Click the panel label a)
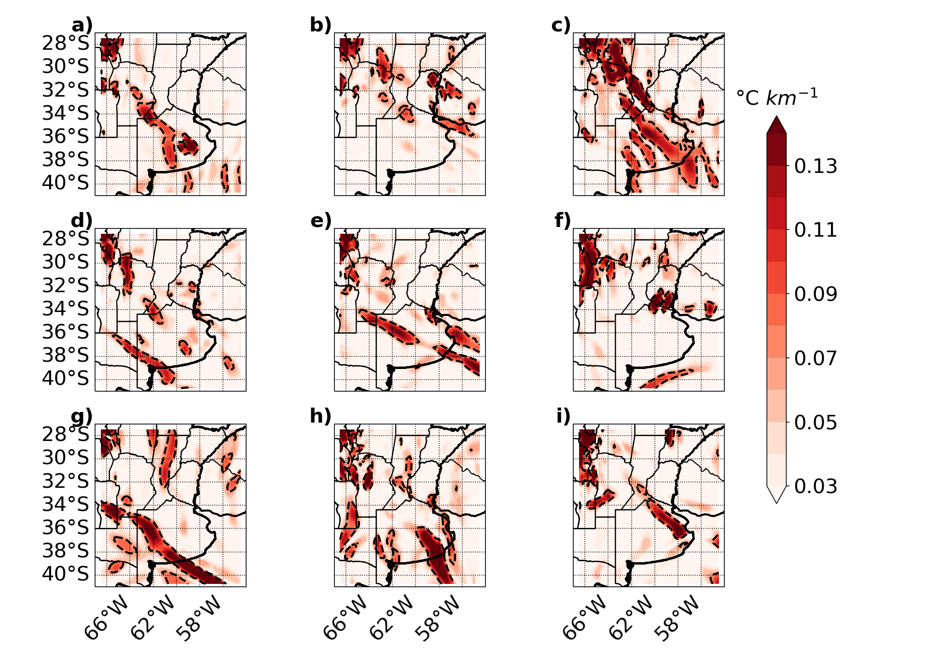click(x=82, y=25)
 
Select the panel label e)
click(x=321, y=221)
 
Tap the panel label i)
click(x=563, y=416)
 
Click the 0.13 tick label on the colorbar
click(x=816, y=166)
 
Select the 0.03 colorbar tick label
click(x=816, y=486)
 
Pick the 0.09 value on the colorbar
click(x=816, y=294)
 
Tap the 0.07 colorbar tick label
click(x=816, y=358)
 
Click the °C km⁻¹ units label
click(x=777, y=97)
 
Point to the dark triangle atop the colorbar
click(x=776, y=125)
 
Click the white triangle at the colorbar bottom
click(x=776, y=494)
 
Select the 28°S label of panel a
click(x=66, y=43)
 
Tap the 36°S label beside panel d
click(x=66, y=332)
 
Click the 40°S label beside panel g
click(x=66, y=574)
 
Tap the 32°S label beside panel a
click(x=66, y=90)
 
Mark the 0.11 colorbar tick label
click(x=816, y=230)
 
